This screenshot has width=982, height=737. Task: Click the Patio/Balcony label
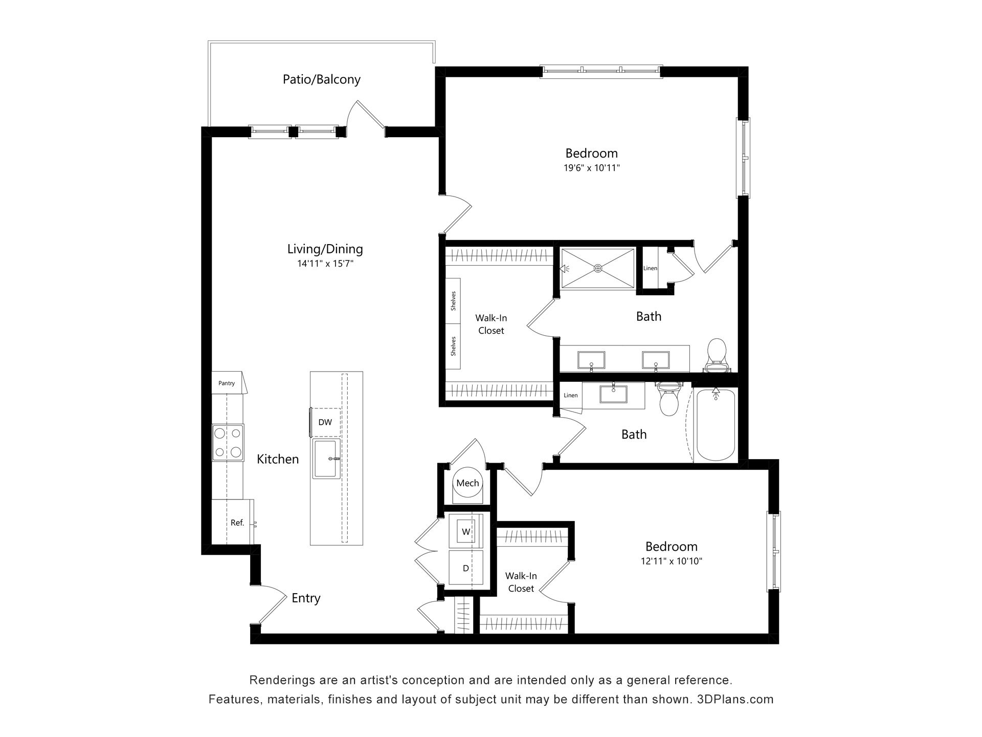[x=322, y=79]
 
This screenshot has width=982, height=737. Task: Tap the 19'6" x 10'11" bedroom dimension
[x=592, y=167]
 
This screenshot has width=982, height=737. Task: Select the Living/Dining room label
[x=325, y=249]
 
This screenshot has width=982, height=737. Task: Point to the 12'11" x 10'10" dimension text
[x=671, y=561]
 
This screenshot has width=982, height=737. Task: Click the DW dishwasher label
[x=325, y=422]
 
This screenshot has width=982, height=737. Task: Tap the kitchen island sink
[x=326, y=458]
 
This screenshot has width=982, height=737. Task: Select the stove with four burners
[x=228, y=443]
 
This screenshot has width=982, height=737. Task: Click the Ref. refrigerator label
[x=237, y=523]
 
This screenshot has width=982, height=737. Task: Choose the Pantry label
[x=227, y=383]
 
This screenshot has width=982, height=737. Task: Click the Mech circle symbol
[x=467, y=483]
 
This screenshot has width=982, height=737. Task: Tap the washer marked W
[x=466, y=531]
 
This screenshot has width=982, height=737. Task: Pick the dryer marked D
[x=466, y=568]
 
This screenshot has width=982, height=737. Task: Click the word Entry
[x=306, y=598]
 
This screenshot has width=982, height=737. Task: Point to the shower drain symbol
[x=598, y=268]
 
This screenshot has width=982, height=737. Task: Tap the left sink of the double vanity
[x=591, y=360]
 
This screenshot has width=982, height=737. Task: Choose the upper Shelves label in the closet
[x=453, y=301]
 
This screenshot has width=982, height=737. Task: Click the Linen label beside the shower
[x=650, y=268]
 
